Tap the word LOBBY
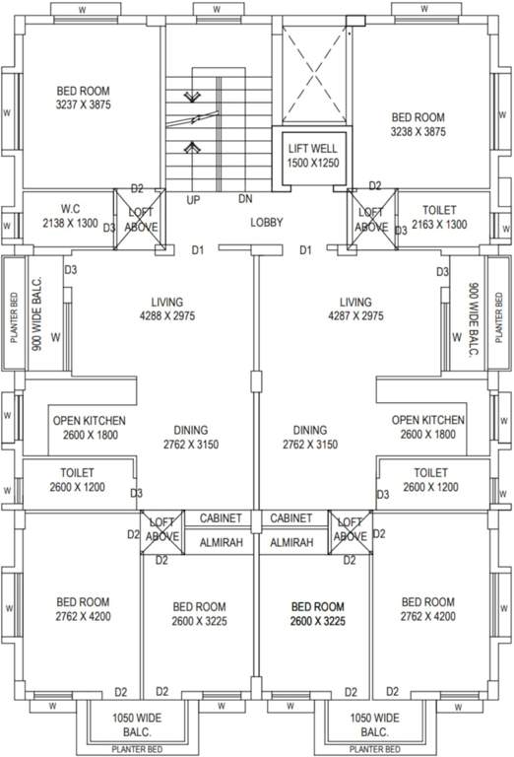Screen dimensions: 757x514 point(266,223)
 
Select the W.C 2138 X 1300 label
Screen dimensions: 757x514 point(70,217)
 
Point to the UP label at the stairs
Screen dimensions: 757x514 point(194,199)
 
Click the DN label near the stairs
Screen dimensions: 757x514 point(245,199)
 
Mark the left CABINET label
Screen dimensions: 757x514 point(222,518)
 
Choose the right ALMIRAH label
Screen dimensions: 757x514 point(291,542)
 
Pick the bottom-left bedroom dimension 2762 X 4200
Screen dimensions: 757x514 point(83,617)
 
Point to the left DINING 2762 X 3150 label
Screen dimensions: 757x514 point(191,438)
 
